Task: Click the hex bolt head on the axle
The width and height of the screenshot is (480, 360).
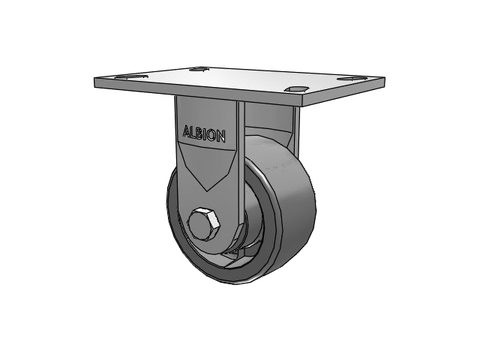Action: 205,224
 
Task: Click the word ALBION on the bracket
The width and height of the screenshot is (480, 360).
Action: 205,133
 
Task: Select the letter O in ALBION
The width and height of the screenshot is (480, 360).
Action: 211,135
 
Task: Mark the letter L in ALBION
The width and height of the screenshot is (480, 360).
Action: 193,132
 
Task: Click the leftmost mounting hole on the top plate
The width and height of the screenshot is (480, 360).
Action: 132,76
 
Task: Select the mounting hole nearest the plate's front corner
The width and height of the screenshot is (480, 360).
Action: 296,88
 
